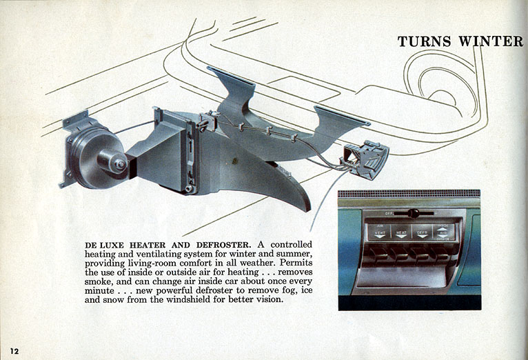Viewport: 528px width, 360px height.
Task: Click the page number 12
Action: tap(14, 351)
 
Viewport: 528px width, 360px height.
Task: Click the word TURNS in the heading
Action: tap(425, 41)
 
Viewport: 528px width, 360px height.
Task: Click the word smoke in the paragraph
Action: tap(99, 282)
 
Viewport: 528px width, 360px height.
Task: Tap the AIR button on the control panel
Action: tap(443, 232)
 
